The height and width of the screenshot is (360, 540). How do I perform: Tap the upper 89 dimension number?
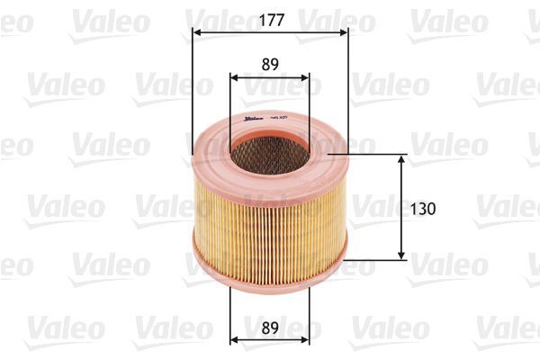[270, 65]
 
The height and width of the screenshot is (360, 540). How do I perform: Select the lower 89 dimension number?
[270, 327]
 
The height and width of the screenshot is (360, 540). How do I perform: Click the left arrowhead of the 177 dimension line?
[197, 32]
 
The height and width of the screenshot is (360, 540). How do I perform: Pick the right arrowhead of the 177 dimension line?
[344, 32]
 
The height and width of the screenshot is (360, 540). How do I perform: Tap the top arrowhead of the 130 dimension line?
[402, 158]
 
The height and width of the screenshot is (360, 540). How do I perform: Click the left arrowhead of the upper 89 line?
[235, 78]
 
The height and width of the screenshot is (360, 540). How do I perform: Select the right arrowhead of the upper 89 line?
[306, 78]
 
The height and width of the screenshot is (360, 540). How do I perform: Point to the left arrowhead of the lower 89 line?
[235, 340]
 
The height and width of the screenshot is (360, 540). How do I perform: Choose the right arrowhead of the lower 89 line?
[306, 340]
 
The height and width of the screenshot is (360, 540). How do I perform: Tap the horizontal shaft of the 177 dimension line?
[270, 32]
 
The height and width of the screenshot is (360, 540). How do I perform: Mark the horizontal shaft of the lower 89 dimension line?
[270, 340]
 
